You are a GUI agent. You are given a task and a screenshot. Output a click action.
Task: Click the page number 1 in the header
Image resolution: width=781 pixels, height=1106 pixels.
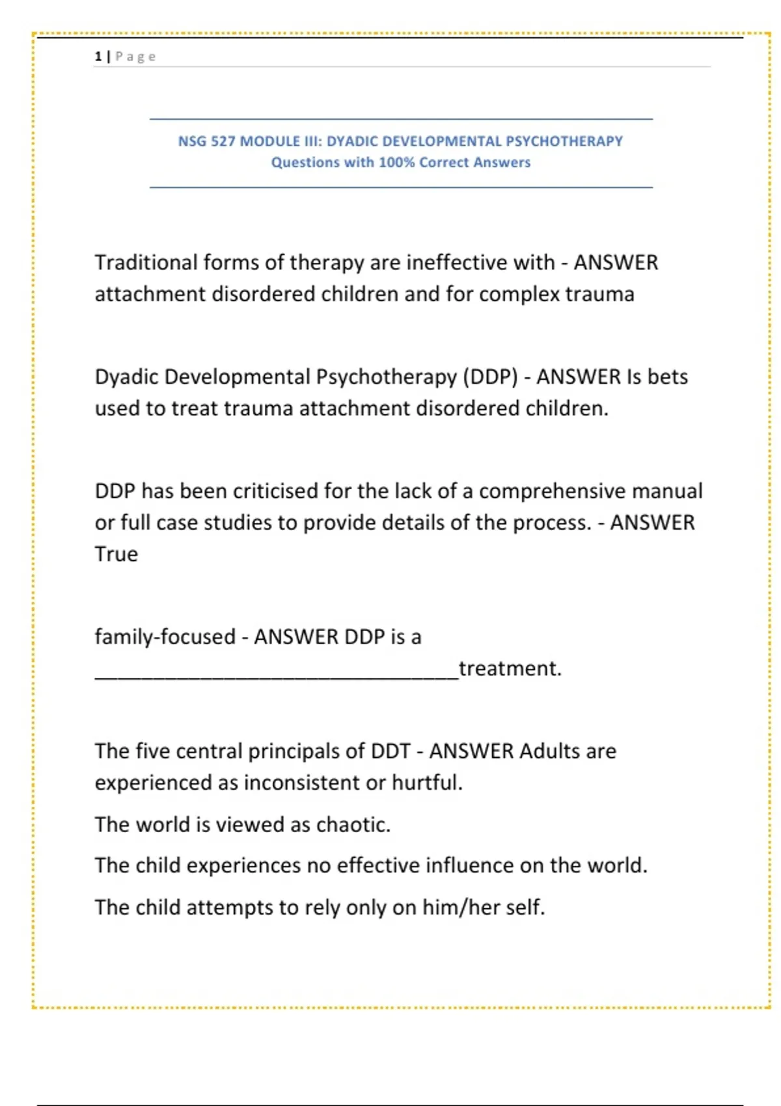pos(98,57)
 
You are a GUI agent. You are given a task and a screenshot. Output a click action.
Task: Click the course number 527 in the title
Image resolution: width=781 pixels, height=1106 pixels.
pos(223,141)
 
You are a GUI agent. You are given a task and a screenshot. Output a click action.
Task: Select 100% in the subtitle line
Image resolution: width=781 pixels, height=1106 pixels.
pos(396,163)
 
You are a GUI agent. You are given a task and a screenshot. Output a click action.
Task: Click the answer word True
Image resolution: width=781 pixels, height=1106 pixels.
pos(116,554)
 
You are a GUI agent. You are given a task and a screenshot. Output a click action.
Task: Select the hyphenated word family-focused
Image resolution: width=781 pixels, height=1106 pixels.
pos(165,636)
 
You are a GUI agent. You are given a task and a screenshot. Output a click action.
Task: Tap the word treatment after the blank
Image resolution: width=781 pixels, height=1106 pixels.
pos(510,669)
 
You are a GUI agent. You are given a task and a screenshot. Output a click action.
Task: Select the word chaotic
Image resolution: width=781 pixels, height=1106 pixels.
pos(353,825)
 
